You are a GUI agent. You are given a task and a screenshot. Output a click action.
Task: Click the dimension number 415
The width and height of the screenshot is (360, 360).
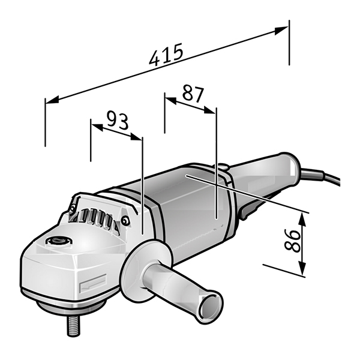pyautogui.click(x=166, y=55)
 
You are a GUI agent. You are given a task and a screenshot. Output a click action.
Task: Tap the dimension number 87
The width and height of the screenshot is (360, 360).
pyautogui.click(x=193, y=94)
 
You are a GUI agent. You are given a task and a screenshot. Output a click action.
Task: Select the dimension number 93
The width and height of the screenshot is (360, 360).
pyautogui.click(x=118, y=120)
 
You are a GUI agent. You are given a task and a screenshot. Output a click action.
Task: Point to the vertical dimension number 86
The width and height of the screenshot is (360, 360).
pyautogui.click(x=292, y=239)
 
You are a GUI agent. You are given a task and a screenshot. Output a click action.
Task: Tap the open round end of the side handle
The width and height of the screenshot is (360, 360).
pyautogui.click(x=211, y=304)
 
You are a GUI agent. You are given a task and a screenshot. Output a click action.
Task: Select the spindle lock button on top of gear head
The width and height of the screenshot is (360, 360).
pyautogui.click(x=59, y=241)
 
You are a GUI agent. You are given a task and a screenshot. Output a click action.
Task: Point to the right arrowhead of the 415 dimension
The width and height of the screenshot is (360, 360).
pyautogui.click(x=281, y=30)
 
